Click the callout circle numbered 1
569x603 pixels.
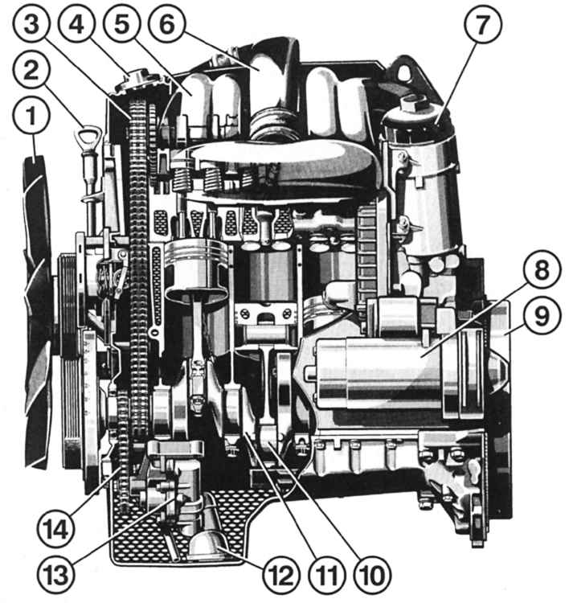click(x=31, y=115)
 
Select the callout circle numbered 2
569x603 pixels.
click(x=31, y=71)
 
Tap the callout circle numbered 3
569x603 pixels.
click(x=32, y=24)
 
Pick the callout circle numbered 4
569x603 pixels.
click(x=77, y=24)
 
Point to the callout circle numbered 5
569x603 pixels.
click(x=122, y=24)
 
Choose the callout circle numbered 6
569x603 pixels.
click(x=167, y=24)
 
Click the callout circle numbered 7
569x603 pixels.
click(x=482, y=24)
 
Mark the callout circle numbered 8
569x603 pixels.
click(x=542, y=269)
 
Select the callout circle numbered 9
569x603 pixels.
click(x=542, y=315)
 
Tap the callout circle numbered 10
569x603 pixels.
click(x=373, y=576)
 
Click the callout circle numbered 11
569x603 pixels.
click(x=327, y=576)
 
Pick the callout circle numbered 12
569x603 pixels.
click(x=281, y=576)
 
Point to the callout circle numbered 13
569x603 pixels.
click(x=56, y=576)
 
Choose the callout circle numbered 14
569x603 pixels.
click(x=56, y=530)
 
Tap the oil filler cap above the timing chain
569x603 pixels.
click(x=134, y=80)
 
